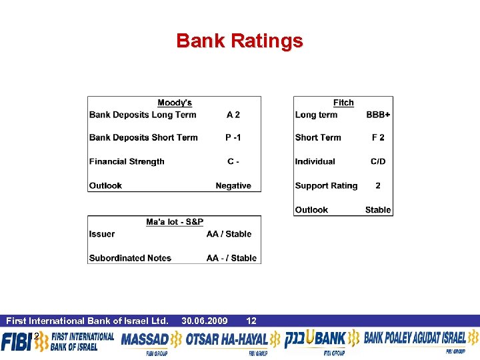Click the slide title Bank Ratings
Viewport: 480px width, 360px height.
coord(239,41)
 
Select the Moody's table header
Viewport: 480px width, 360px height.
coord(175,103)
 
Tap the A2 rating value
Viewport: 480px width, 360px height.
coord(233,115)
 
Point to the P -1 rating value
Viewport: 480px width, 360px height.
coord(233,137)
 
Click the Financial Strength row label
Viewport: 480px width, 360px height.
coord(127,161)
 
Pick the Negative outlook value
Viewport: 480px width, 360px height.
coord(233,186)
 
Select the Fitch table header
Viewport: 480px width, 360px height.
coord(343,103)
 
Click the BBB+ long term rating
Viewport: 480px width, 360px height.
coord(378,115)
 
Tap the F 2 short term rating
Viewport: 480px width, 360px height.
coord(378,137)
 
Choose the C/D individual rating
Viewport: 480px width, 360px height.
coord(378,161)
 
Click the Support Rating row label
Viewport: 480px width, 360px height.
coord(326,186)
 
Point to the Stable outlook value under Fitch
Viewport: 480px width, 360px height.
coord(378,210)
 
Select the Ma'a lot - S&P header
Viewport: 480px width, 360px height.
coord(175,221)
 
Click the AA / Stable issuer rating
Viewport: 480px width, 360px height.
coord(229,234)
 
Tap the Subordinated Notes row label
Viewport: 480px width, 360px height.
coord(130,258)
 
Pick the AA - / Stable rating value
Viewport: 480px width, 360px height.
coord(231,258)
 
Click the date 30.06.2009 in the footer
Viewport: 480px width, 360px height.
coord(205,321)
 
